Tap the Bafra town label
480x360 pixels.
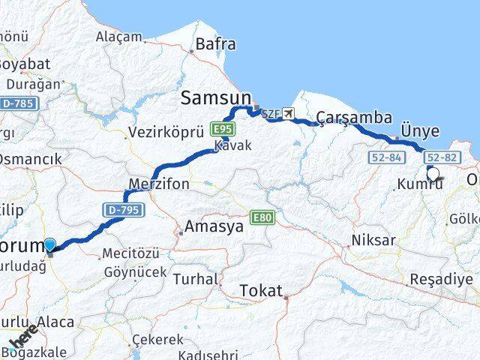[216, 44]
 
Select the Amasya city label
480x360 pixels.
[214, 226]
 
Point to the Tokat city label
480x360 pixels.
[261, 290]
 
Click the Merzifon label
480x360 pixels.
[159, 184]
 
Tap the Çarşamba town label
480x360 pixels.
[354, 117]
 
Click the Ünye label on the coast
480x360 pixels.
[420, 130]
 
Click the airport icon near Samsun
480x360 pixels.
[289, 114]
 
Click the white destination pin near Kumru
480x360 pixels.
[433, 174]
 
